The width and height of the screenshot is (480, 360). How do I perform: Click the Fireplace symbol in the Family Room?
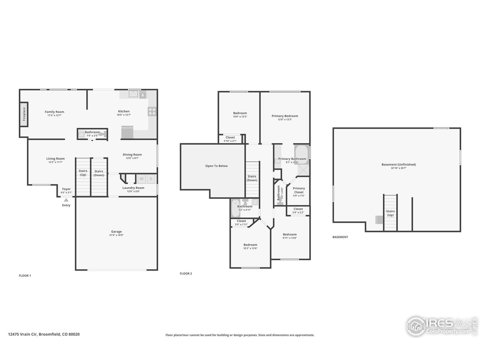24,114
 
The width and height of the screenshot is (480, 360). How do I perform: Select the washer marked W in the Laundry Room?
142,179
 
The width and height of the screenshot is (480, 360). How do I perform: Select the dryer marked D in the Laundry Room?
151,179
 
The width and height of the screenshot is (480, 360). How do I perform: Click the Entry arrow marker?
66,200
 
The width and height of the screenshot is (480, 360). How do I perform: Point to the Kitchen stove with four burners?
152,111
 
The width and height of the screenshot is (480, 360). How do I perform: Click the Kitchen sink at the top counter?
133,94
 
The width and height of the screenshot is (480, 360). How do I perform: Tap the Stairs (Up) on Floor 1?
83,176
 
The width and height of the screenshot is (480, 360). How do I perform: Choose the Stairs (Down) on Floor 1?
99,176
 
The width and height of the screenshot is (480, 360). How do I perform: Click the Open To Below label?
216,166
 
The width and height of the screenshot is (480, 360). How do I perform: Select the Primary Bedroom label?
285,116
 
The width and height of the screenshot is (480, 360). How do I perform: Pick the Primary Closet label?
298,190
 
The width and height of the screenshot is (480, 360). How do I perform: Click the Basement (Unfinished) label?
398,164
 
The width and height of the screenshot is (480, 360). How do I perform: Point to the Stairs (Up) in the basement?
390,213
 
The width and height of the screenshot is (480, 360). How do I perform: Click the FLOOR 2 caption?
186,274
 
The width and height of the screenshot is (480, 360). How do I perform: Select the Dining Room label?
132,154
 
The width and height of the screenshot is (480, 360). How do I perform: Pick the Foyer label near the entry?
66,189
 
